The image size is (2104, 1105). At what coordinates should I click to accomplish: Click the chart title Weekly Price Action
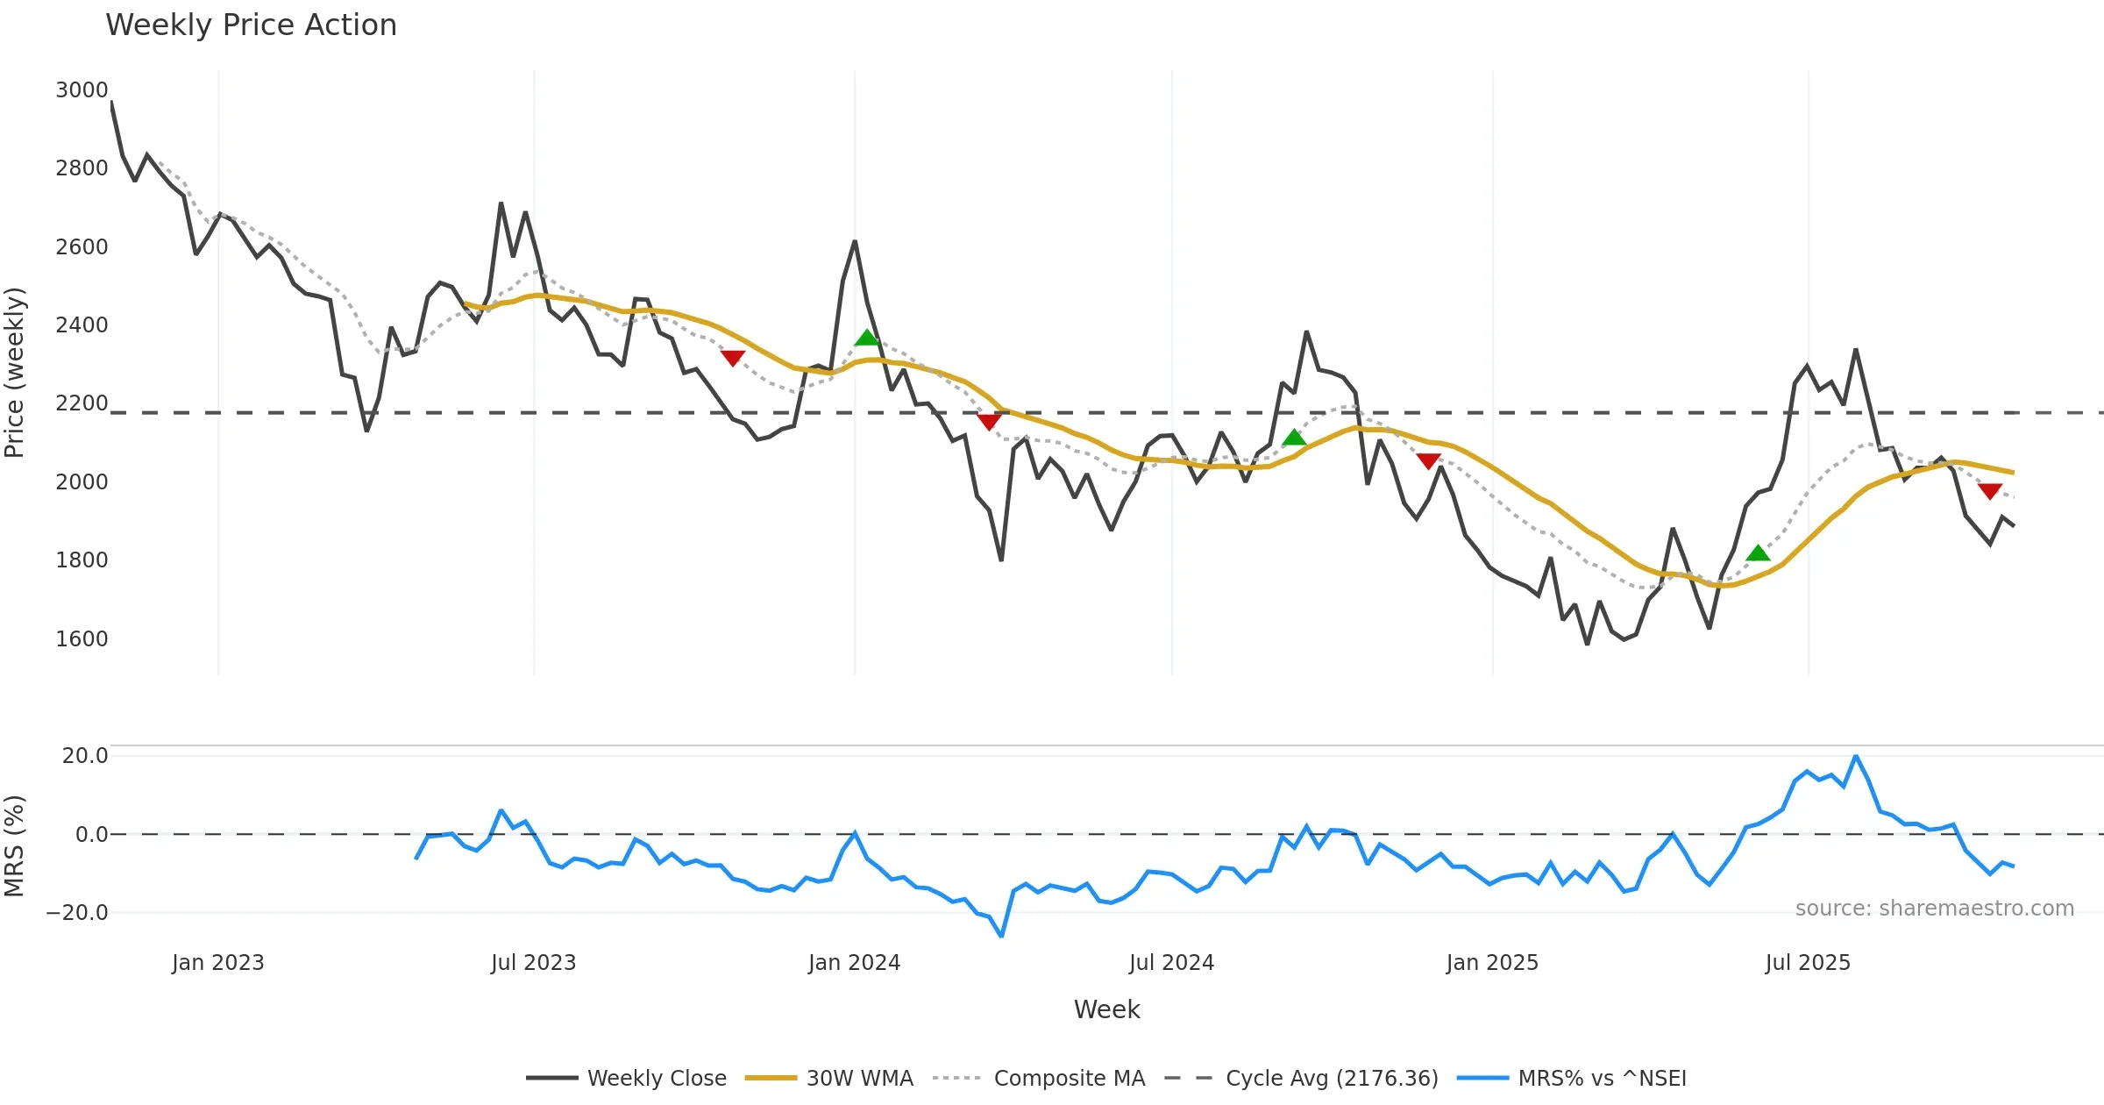click(x=251, y=25)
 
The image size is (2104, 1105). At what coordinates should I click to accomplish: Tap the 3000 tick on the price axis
click(x=82, y=90)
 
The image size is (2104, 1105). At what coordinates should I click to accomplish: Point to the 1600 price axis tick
click(x=82, y=638)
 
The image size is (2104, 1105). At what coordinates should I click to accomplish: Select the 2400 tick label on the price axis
click(x=82, y=325)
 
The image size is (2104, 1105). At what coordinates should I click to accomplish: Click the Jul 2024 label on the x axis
click(x=1171, y=963)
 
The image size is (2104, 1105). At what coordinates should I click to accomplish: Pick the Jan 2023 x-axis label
click(x=217, y=963)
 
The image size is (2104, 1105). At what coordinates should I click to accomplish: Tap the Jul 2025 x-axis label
click(x=1808, y=963)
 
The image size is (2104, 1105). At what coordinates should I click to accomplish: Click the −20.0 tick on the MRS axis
click(x=77, y=913)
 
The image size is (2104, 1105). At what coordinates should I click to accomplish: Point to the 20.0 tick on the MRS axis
click(x=84, y=756)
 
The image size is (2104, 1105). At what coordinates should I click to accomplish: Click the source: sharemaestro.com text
click(x=1934, y=909)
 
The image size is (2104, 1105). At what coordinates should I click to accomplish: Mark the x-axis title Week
click(x=1106, y=1010)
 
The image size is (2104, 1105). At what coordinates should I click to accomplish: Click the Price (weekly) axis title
click(x=15, y=373)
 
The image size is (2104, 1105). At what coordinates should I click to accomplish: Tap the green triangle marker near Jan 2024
click(x=867, y=338)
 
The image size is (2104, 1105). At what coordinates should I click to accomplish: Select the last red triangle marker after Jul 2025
click(x=1990, y=491)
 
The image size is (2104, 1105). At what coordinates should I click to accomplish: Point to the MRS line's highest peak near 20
click(x=1856, y=756)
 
